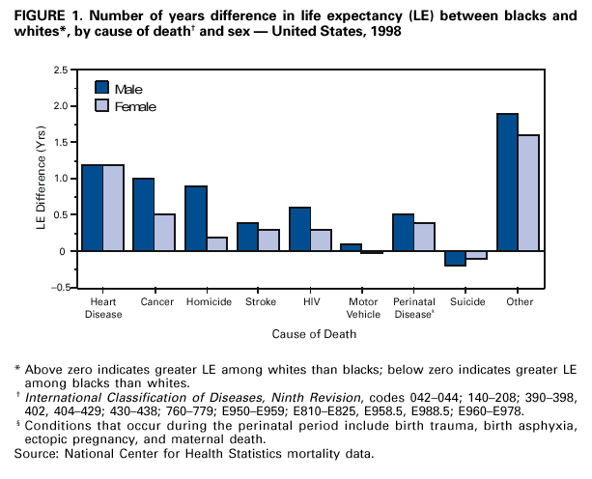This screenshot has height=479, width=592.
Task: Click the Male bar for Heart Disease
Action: [93, 208]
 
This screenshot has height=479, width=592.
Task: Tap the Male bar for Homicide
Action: [196, 218]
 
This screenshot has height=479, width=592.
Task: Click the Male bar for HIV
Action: [300, 229]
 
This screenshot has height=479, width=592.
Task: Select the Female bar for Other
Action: [527, 193]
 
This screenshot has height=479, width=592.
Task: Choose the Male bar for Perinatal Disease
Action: [404, 233]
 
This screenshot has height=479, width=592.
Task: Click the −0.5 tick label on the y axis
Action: [58, 288]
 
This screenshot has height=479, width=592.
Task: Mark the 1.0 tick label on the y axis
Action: [60, 179]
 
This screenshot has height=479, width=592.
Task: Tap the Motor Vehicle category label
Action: [362, 306]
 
